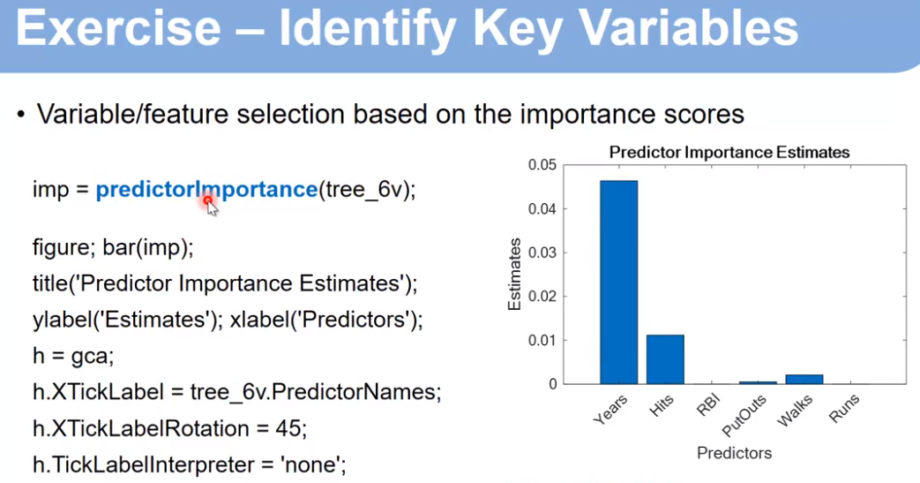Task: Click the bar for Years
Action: [x=618, y=282]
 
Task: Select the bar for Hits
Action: [x=665, y=359]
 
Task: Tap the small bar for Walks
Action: [x=804, y=380]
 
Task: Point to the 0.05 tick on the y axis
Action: [x=542, y=164]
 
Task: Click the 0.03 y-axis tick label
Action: [x=542, y=253]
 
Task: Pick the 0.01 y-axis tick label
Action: [x=542, y=340]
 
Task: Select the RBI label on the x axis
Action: [x=707, y=405]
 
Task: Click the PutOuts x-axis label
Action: [x=744, y=415]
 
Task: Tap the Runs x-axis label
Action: [x=844, y=408]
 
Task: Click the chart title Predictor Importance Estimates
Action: [x=729, y=152]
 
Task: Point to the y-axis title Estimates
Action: [x=514, y=274]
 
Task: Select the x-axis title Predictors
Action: [x=734, y=453]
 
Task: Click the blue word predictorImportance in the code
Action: [x=206, y=190]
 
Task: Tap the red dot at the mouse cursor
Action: [x=207, y=201]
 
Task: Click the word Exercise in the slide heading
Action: [x=118, y=29]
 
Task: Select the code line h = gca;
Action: [x=73, y=356]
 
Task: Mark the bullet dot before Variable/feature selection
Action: [x=21, y=115]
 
